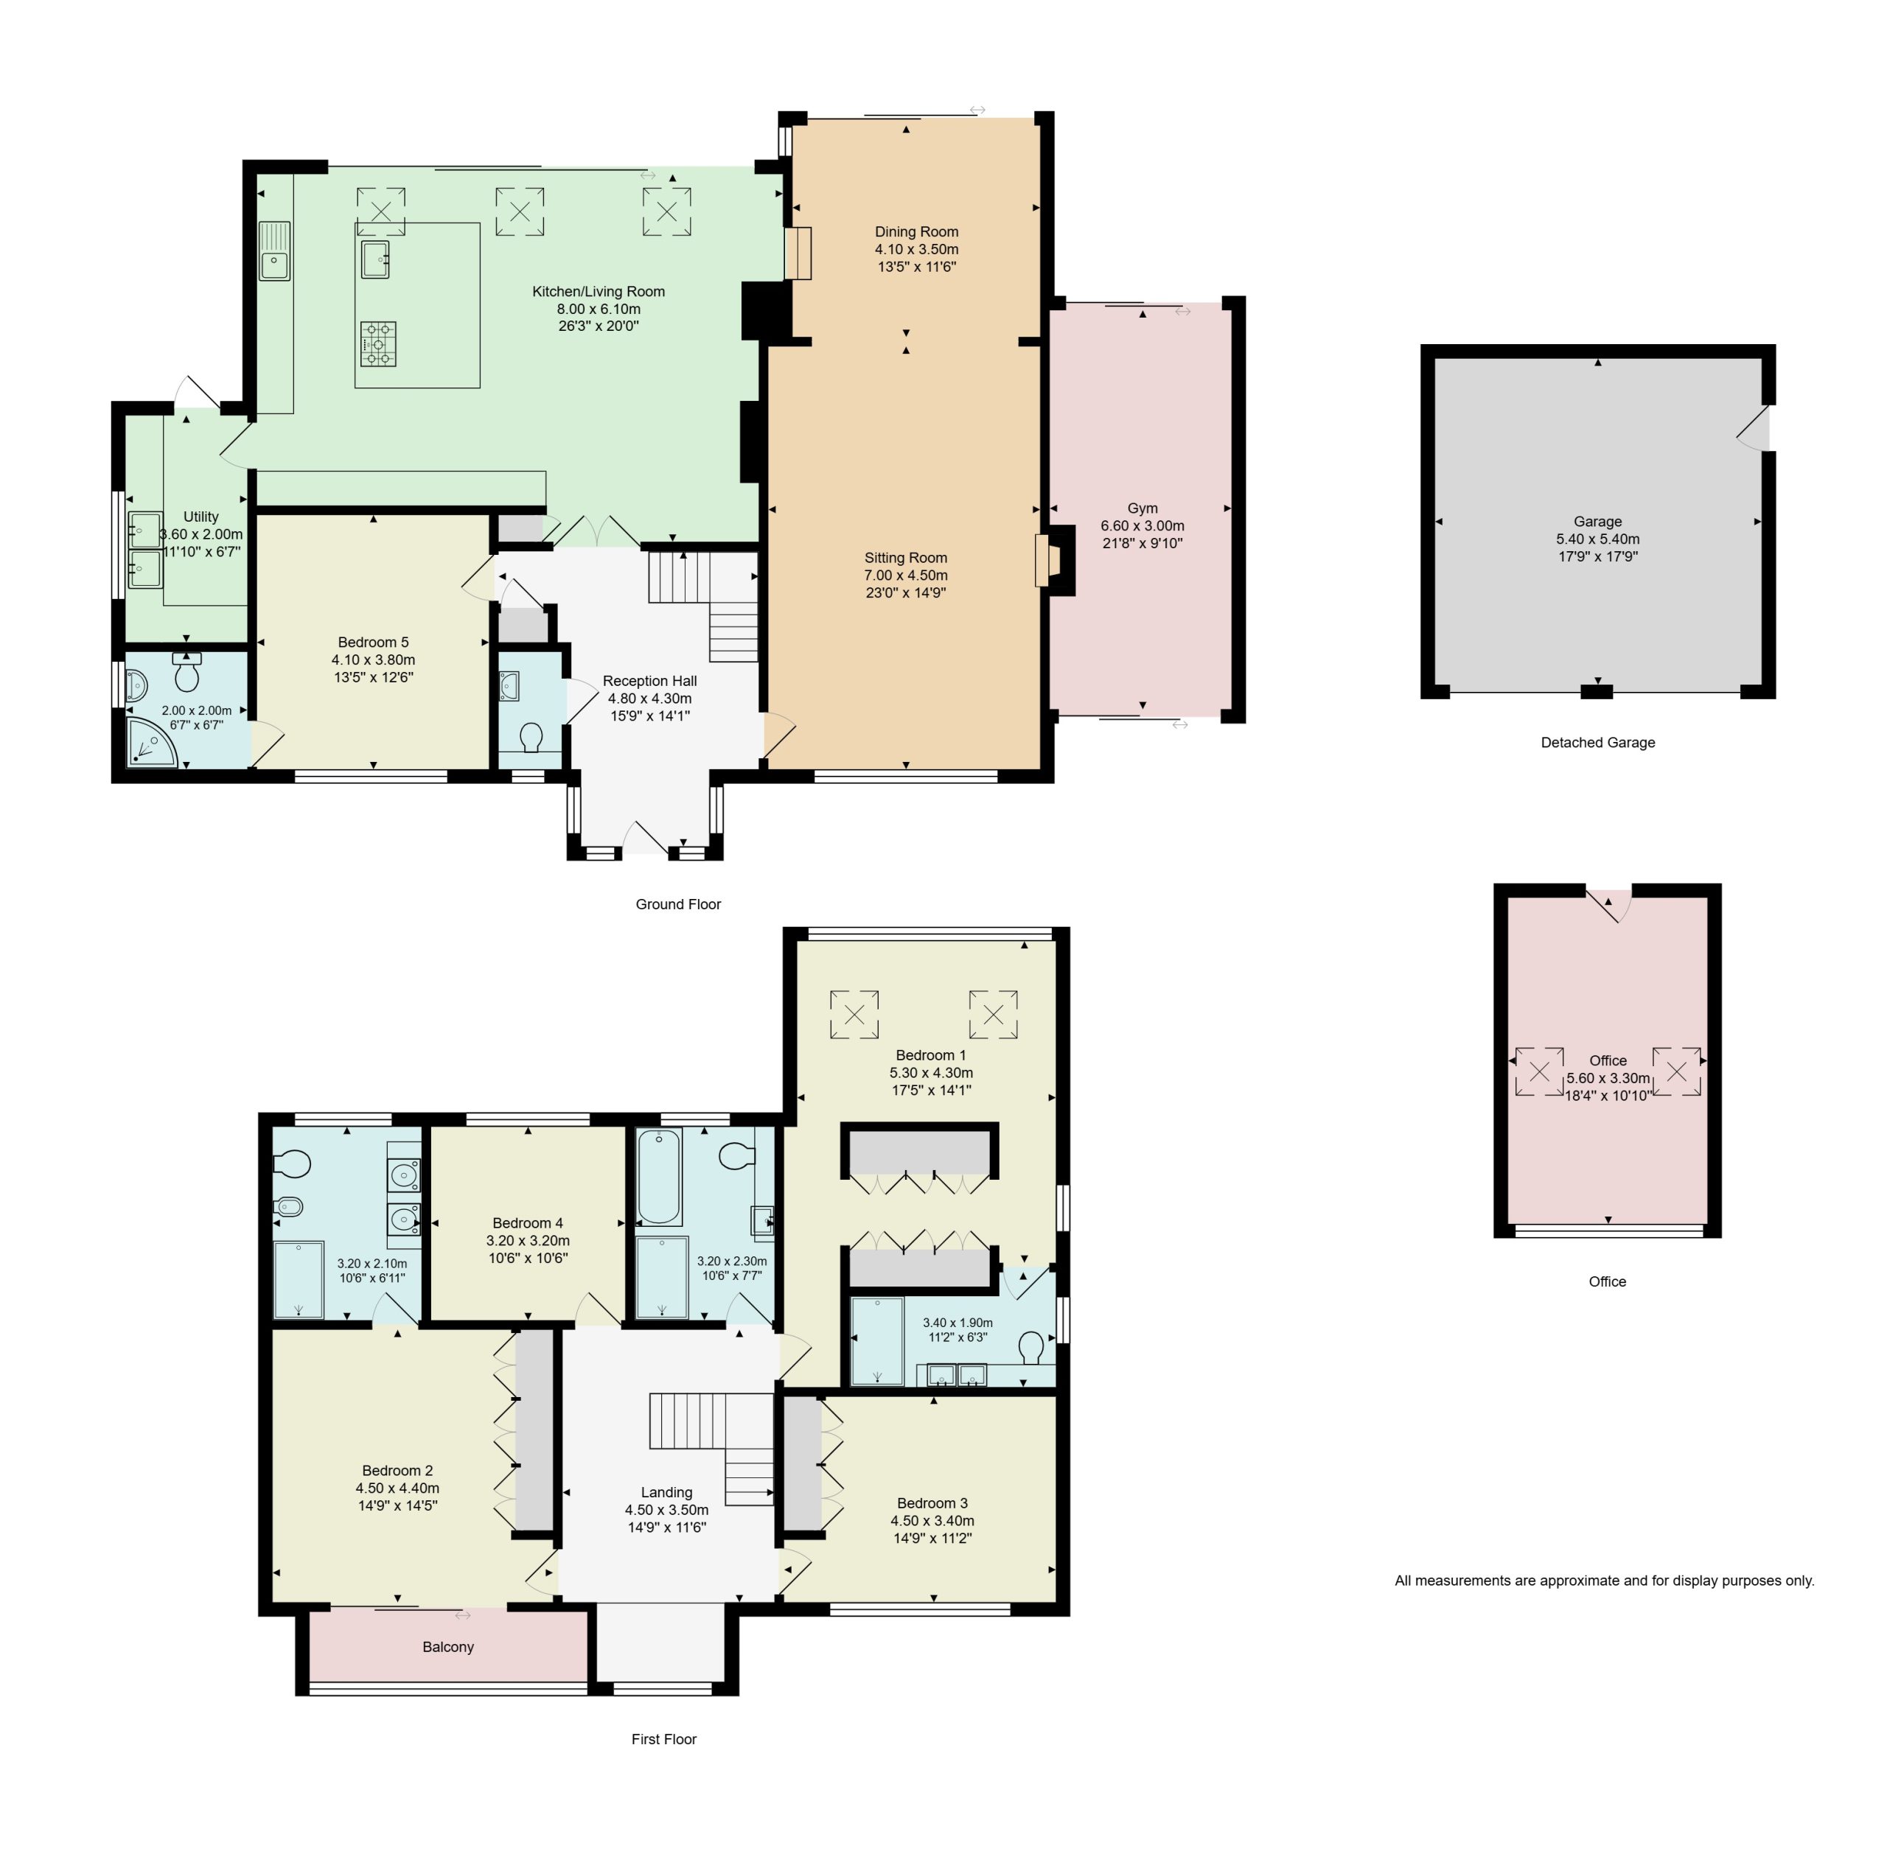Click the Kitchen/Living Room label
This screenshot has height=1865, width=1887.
coord(598,291)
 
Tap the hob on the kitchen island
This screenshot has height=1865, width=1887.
coord(378,343)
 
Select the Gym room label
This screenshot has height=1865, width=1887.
coord(1142,508)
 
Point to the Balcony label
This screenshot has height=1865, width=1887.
coord(448,1646)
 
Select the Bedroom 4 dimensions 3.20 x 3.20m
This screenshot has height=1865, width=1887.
coord(528,1240)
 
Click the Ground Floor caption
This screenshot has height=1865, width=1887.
coord(678,904)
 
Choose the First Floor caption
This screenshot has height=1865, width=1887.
coord(664,1739)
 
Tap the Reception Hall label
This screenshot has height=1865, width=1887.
coord(649,681)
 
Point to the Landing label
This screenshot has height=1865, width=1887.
coord(666,1492)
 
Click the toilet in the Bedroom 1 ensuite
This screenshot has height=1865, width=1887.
coord(1030,1348)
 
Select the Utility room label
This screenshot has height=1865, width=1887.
coord(201,517)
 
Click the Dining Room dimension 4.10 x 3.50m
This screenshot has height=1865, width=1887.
coord(916,249)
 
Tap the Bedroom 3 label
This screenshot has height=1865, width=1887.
coord(932,1502)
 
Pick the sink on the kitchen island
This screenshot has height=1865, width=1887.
coord(375,259)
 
